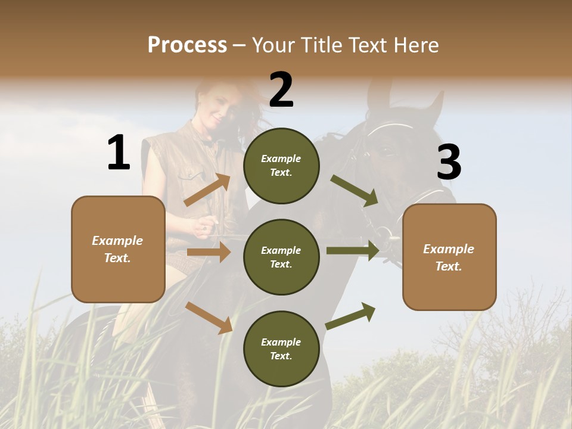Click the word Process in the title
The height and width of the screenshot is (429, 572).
(x=187, y=45)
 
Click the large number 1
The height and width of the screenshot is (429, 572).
(x=119, y=153)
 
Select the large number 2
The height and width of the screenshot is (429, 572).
(x=281, y=90)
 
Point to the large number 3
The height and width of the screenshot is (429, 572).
(x=449, y=162)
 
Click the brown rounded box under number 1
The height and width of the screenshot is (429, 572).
(x=118, y=249)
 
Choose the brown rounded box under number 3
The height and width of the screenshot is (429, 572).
(x=449, y=257)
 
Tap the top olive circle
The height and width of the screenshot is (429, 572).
(x=281, y=166)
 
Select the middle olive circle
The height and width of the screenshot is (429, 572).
(x=281, y=257)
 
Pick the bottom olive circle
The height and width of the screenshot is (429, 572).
(x=281, y=349)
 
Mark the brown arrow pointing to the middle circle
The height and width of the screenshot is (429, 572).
(x=209, y=252)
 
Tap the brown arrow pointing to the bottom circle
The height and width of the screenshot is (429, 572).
(x=209, y=318)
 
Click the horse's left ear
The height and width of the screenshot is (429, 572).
(x=375, y=95)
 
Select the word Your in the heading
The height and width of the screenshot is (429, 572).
(x=274, y=45)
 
